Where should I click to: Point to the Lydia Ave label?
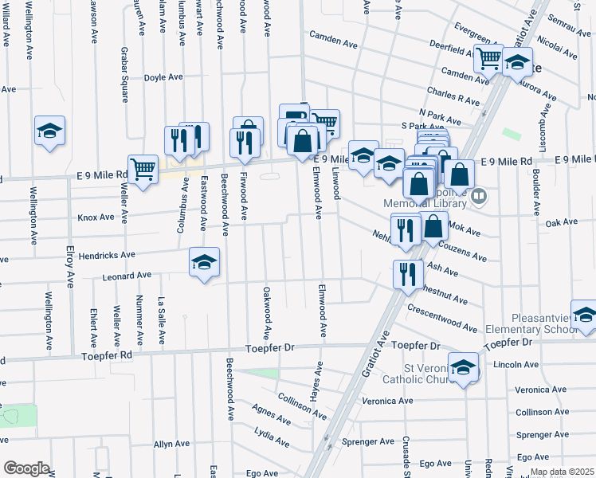click(x=273, y=436)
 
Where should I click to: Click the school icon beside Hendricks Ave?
click(x=204, y=262)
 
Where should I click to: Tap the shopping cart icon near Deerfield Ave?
click(x=488, y=57)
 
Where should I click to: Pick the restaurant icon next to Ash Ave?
click(x=407, y=274)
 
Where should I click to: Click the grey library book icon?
click(x=478, y=194)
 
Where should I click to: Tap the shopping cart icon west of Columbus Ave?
click(x=143, y=169)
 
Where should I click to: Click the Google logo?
click(x=26, y=468)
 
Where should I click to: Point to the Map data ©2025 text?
click(x=561, y=472)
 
